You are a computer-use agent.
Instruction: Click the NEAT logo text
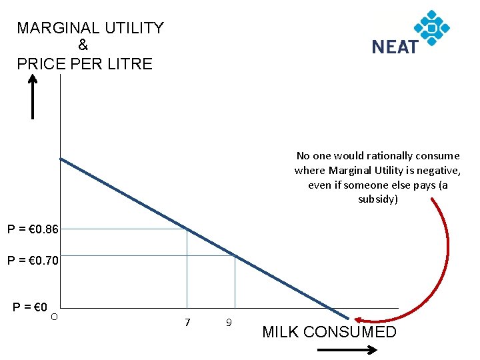395,47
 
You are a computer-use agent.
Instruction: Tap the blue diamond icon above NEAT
432,27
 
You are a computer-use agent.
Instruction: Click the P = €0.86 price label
33,230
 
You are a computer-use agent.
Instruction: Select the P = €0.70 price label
33,261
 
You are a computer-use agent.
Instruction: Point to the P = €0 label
29,307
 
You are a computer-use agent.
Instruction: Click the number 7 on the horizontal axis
187,323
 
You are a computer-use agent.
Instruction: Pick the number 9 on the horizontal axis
229,323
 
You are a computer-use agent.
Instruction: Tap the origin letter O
54,315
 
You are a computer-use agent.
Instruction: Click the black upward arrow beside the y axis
32,96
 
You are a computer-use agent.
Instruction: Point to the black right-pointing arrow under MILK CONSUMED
343,349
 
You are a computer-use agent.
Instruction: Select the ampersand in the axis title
83,46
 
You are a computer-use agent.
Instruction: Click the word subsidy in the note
377,199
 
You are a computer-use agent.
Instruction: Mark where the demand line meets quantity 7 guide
187,229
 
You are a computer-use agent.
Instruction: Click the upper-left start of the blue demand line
61,159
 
